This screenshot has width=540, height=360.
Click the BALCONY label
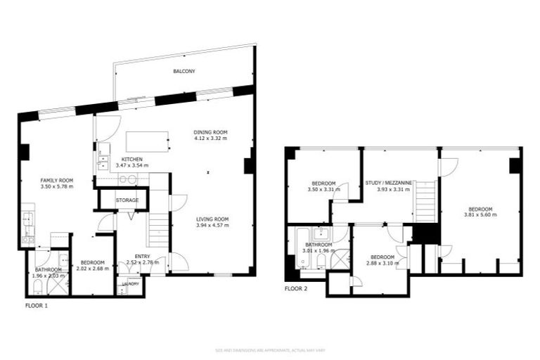pyautogui.click(x=184, y=72)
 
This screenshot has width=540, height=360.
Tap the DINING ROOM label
pyautogui.click(x=211, y=131)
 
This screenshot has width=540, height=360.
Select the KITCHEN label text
pyautogui.click(x=132, y=159)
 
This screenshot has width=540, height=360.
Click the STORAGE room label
pyautogui.click(x=127, y=200)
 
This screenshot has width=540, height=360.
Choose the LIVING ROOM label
pyautogui.click(x=212, y=219)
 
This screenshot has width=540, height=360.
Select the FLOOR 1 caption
pyautogui.click(x=37, y=307)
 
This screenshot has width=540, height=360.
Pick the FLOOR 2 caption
pyautogui.click(x=296, y=289)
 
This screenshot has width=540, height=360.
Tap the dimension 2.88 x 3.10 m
pyautogui.click(x=381, y=263)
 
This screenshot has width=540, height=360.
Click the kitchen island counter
pyautogui.click(x=147, y=140)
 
